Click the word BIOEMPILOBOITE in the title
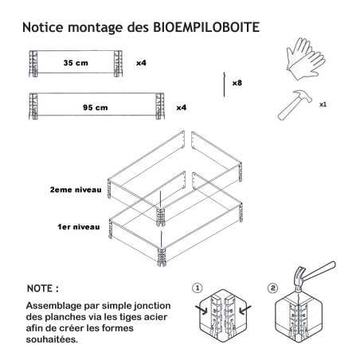[x=206, y=27]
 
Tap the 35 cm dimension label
[x=76, y=63]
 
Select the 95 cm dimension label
[x=96, y=108]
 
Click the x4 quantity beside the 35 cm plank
[x=141, y=63]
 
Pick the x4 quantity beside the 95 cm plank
[x=182, y=108]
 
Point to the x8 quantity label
[x=237, y=83]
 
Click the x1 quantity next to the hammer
[x=323, y=104]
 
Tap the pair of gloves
[x=306, y=59]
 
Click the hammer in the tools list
[x=295, y=105]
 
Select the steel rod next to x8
[x=225, y=84]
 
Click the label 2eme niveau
[x=76, y=190]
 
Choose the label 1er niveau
[x=79, y=227]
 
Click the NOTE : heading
[x=43, y=288]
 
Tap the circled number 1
[x=197, y=288]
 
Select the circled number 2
[x=272, y=288]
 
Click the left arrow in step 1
[x=202, y=310]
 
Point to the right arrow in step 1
[x=245, y=309]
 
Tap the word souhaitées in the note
[x=52, y=339]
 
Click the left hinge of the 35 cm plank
[x=33, y=64]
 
